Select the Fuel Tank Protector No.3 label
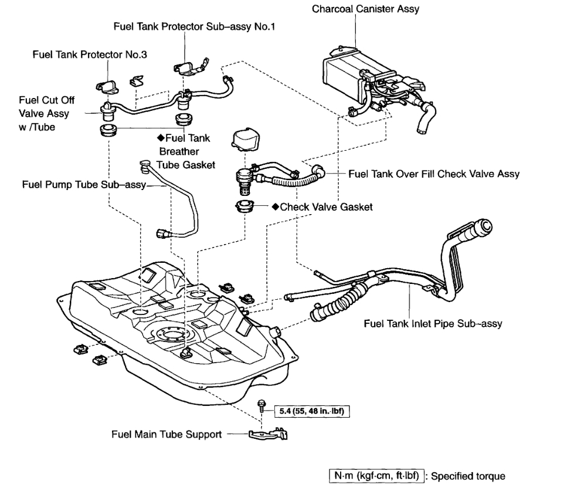pos(90,55)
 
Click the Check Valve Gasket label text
pos(326,207)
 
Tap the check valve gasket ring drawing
pos(244,207)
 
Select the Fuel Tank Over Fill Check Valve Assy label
pos(433,174)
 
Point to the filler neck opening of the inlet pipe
pos(486,225)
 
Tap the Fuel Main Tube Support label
pos(167,435)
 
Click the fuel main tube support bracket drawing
pos(269,435)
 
